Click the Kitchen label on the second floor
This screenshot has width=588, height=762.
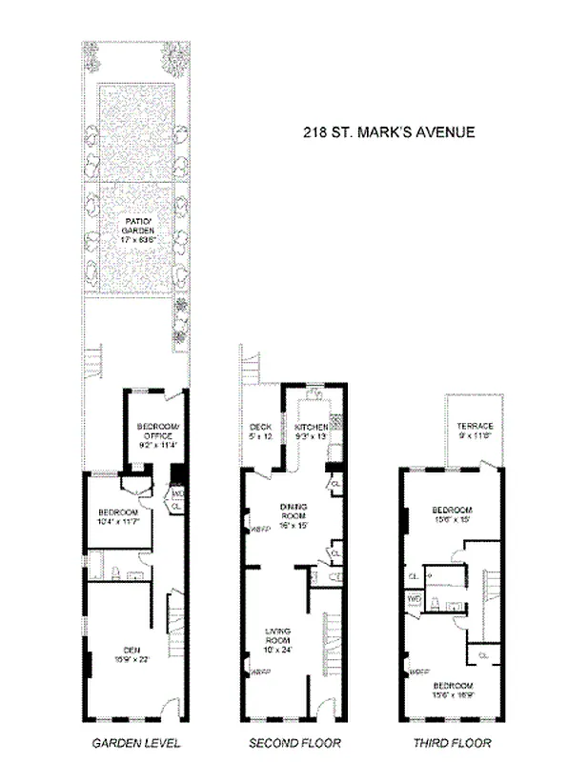coord(311,431)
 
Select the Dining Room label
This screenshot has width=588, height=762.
coord(293,514)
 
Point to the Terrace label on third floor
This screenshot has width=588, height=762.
coord(474,430)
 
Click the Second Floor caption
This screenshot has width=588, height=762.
coord(294,743)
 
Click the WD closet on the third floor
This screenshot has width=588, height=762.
coord(415,598)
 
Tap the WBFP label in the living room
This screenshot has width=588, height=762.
coord(255,674)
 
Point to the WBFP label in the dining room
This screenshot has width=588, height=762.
coord(255,530)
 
